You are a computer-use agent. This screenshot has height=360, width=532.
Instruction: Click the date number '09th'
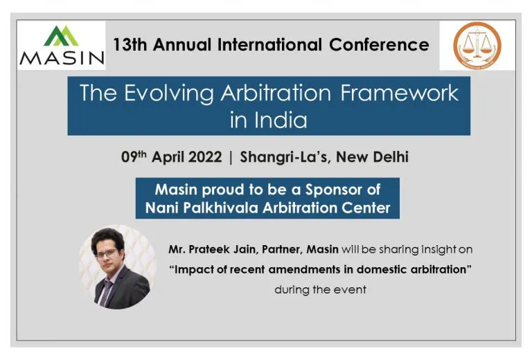[135, 157]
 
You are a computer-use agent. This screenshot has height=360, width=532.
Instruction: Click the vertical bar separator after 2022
[231, 157]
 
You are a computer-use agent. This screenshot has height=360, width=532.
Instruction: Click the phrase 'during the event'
[319, 289]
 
